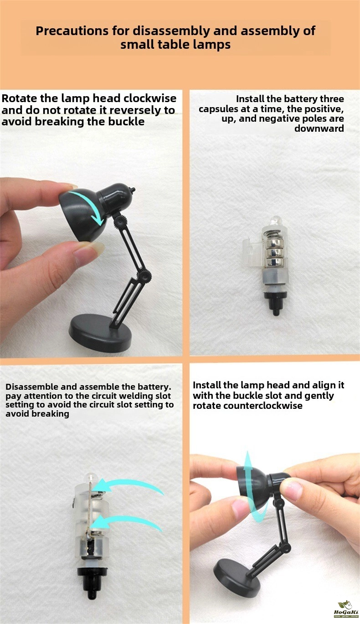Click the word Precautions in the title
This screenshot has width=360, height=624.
72,31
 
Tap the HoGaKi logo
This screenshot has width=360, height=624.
346,610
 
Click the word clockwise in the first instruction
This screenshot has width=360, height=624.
150,98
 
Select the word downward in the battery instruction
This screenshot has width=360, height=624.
319,129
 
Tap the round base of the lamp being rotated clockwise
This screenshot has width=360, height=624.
101,333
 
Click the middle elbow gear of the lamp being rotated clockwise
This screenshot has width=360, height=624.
144,276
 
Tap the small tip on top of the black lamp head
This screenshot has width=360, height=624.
133,190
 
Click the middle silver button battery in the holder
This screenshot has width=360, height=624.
274,253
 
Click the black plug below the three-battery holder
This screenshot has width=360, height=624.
276,302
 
